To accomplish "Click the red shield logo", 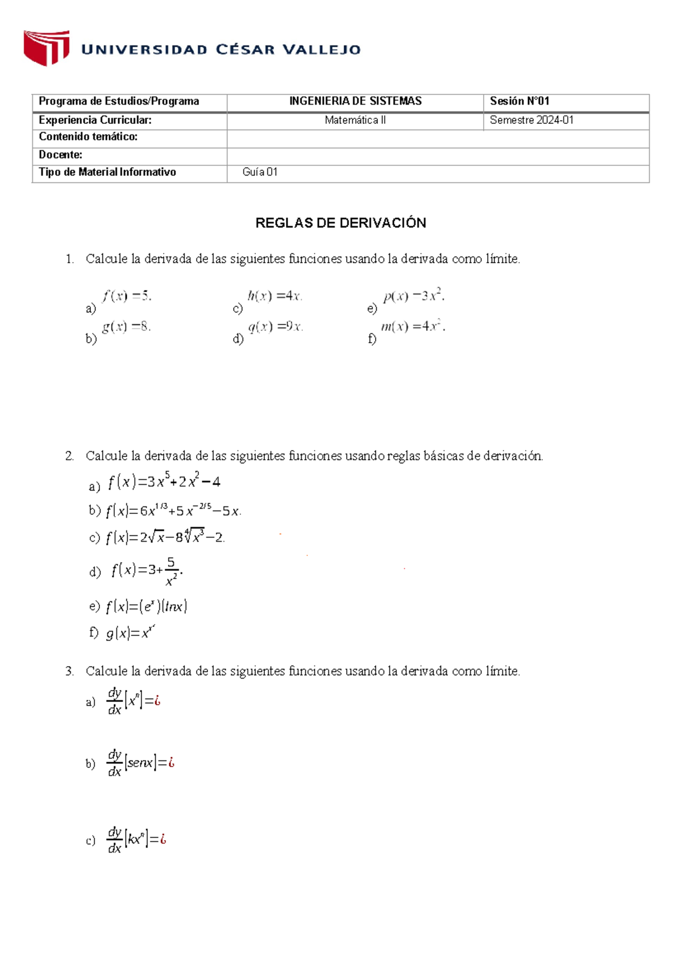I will coord(46,48).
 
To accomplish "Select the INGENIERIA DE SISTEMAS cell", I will coord(355,101).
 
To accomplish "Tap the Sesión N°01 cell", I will coord(519,101).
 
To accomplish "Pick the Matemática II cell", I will coord(355,120).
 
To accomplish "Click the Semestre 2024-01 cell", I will coord(531,120).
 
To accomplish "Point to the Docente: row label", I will coord(60,155).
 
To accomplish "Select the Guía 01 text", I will coord(260,172).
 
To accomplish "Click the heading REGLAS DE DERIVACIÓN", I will coord(340,223).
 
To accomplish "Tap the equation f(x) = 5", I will coord(127,296).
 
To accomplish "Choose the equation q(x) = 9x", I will coord(276,327).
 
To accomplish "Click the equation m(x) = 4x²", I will coord(413,327).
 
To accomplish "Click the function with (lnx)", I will coord(147,606).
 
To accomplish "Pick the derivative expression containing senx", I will coord(140,763).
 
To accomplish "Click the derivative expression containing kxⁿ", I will coord(136,840).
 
